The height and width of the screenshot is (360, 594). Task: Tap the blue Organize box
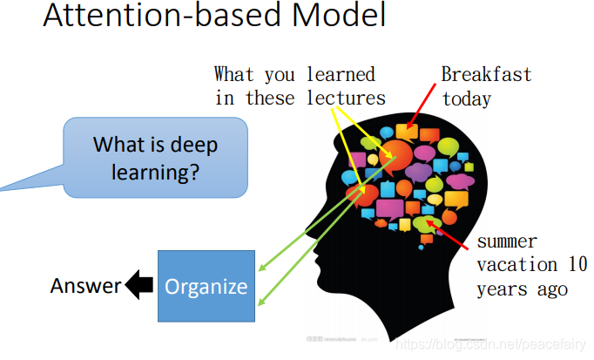tap(206, 286)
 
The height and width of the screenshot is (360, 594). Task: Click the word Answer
tap(85, 286)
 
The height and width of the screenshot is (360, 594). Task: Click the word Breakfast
tap(486, 74)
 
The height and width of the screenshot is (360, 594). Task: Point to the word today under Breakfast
tap(467, 98)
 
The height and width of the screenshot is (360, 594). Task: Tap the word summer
tap(507, 241)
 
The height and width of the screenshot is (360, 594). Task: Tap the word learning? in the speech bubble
tap(156, 172)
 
